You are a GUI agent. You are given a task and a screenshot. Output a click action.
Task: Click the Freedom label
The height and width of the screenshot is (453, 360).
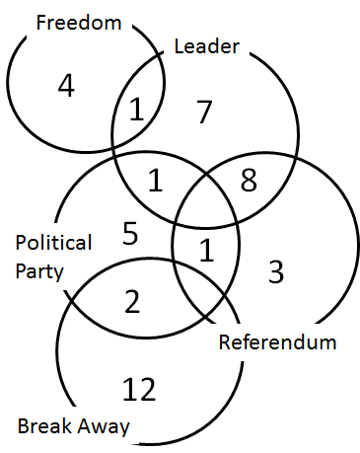pos(78,21)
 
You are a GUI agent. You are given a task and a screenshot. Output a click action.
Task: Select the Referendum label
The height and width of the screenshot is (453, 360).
pos(277,343)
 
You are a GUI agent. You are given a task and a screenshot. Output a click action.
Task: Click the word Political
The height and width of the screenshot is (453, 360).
pos(53,243)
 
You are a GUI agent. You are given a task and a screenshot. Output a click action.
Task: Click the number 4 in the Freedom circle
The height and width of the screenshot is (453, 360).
pos(66,86)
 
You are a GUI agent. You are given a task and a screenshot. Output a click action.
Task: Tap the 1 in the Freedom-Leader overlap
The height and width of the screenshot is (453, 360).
pos(137,110)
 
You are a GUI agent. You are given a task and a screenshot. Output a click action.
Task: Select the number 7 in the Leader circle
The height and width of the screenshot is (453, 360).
pos(204,113)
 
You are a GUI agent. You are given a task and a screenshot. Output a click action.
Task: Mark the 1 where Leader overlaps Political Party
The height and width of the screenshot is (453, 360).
pos(155,181)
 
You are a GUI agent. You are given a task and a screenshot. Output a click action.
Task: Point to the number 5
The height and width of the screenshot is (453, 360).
pos(130,234)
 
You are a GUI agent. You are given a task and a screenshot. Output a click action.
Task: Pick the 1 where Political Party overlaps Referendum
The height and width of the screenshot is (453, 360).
pos(206,252)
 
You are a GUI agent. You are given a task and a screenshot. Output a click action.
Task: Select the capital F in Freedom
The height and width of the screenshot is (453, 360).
pos(40,21)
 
